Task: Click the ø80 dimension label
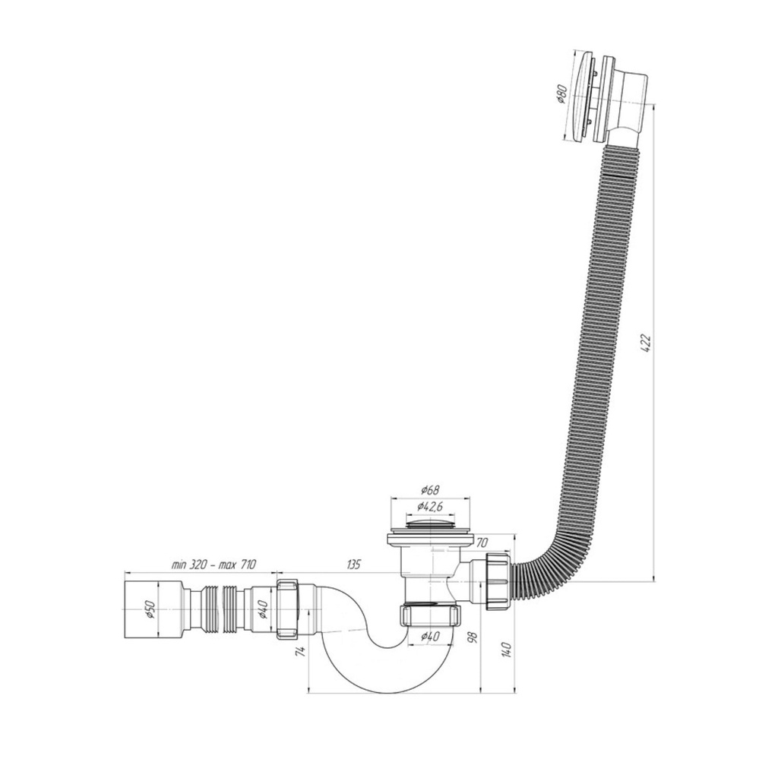point(561,94)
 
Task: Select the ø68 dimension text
point(429,490)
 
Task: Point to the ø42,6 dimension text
point(429,506)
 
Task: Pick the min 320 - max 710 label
point(214,565)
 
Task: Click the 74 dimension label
point(301,650)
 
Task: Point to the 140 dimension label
point(506,650)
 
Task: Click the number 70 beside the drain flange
point(483,542)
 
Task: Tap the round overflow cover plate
point(581,96)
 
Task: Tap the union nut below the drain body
point(430,614)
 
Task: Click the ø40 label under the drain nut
point(429,636)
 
